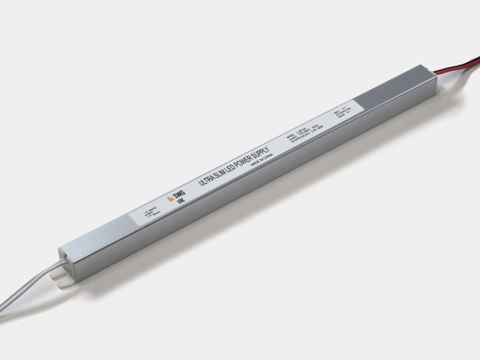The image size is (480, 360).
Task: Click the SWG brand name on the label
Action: [x=179, y=194]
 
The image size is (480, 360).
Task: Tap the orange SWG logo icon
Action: [x=171, y=199]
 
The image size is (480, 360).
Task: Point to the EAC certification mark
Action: [x=181, y=201]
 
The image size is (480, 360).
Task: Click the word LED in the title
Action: [x=230, y=168]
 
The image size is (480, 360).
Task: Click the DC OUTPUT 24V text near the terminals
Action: [x=344, y=112]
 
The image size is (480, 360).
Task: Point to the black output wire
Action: [x=464, y=64]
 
